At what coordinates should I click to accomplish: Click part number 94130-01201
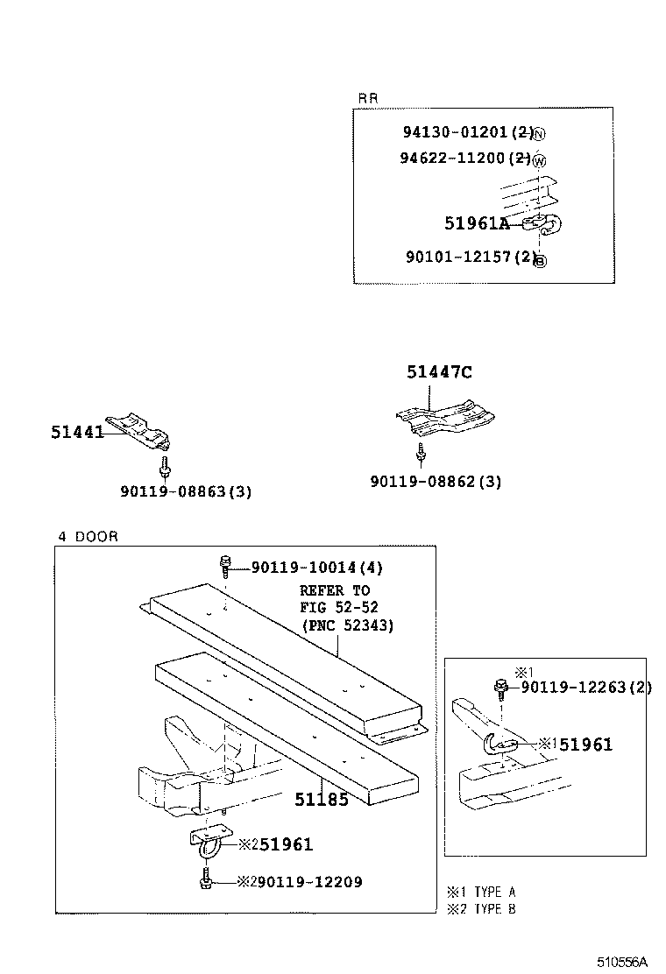(455, 132)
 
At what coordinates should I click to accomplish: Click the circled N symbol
(539, 134)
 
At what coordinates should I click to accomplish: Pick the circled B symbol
(540, 260)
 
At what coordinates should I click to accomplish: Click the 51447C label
(439, 372)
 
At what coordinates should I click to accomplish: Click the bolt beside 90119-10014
(225, 566)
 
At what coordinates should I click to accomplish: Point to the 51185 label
(321, 799)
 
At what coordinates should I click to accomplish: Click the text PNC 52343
(348, 625)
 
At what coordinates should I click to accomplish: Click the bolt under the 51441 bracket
(163, 464)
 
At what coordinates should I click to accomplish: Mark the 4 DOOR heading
(88, 536)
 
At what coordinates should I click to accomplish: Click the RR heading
(368, 98)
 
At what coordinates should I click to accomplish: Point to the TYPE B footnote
(487, 908)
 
